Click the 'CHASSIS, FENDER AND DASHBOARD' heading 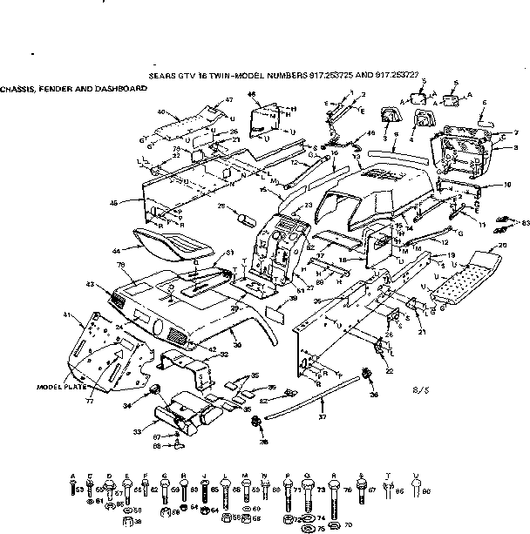[73, 89]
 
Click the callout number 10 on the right [507, 185]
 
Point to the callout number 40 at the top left [161, 112]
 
